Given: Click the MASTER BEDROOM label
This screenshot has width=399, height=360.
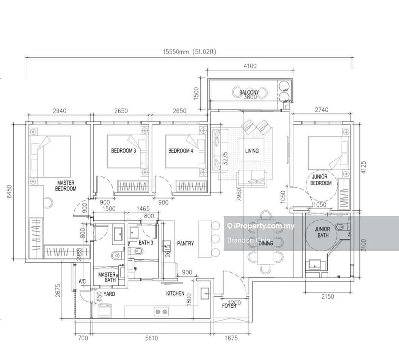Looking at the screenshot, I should [x=66, y=185].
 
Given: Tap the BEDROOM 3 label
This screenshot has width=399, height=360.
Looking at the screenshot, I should [x=123, y=151].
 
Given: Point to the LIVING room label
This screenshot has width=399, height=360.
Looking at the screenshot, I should [x=252, y=151].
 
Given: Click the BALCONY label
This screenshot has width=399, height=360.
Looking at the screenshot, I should [x=249, y=92].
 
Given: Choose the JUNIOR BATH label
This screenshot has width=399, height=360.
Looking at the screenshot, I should [x=322, y=232].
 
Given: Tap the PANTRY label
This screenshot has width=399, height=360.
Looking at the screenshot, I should [x=185, y=244].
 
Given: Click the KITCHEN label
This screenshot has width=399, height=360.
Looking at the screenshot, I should [x=175, y=293].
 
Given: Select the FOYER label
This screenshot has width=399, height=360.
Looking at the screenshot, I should [x=229, y=306].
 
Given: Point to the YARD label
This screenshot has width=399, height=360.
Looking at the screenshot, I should [x=109, y=294].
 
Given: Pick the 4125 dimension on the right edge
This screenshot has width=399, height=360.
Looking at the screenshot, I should [x=364, y=167].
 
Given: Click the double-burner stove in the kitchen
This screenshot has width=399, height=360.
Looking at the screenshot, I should [x=161, y=312].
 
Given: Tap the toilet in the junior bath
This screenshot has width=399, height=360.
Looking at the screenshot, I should [x=341, y=227].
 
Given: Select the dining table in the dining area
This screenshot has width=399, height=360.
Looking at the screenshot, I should [x=265, y=243].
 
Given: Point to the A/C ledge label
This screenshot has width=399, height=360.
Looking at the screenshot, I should [x=82, y=282].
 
